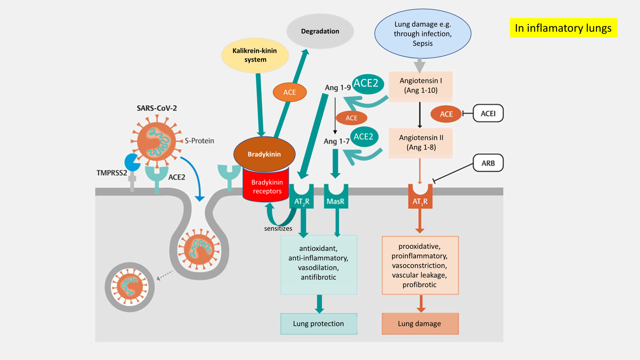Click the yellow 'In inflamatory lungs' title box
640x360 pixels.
pyautogui.click(x=563, y=28)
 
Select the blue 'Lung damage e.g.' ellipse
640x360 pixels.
pyautogui.click(x=422, y=34)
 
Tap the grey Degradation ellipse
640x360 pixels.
pyautogui.click(x=320, y=31)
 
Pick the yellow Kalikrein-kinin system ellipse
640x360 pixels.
pyautogui.click(x=255, y=55)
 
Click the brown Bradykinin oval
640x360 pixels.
pyautogui.click(x=264, y=154)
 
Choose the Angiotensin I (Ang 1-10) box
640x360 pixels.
pyautogui.click(x=420, y=86)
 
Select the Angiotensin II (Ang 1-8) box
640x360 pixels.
pyautogui.click(x=421, y=142)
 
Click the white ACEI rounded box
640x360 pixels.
pyautogui.click(x=488, y=114)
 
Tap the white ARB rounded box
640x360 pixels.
pyautogui.click(x=488, y=163)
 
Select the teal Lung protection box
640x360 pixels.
pyautogui.click(x=318, y=324)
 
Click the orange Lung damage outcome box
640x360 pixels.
pyautogui.click(x=420, y=324)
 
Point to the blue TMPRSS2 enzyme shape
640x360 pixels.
pyautogui.click(x=132, y=162)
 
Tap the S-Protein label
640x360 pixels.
pyautogui.click(x=199, y=141)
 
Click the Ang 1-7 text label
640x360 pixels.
pyautogui.click(x=336, y=141)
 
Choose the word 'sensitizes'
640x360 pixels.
pyautogui.click(x=278, y=228)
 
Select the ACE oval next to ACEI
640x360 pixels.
pyautogui.click(x=446, y=114)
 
